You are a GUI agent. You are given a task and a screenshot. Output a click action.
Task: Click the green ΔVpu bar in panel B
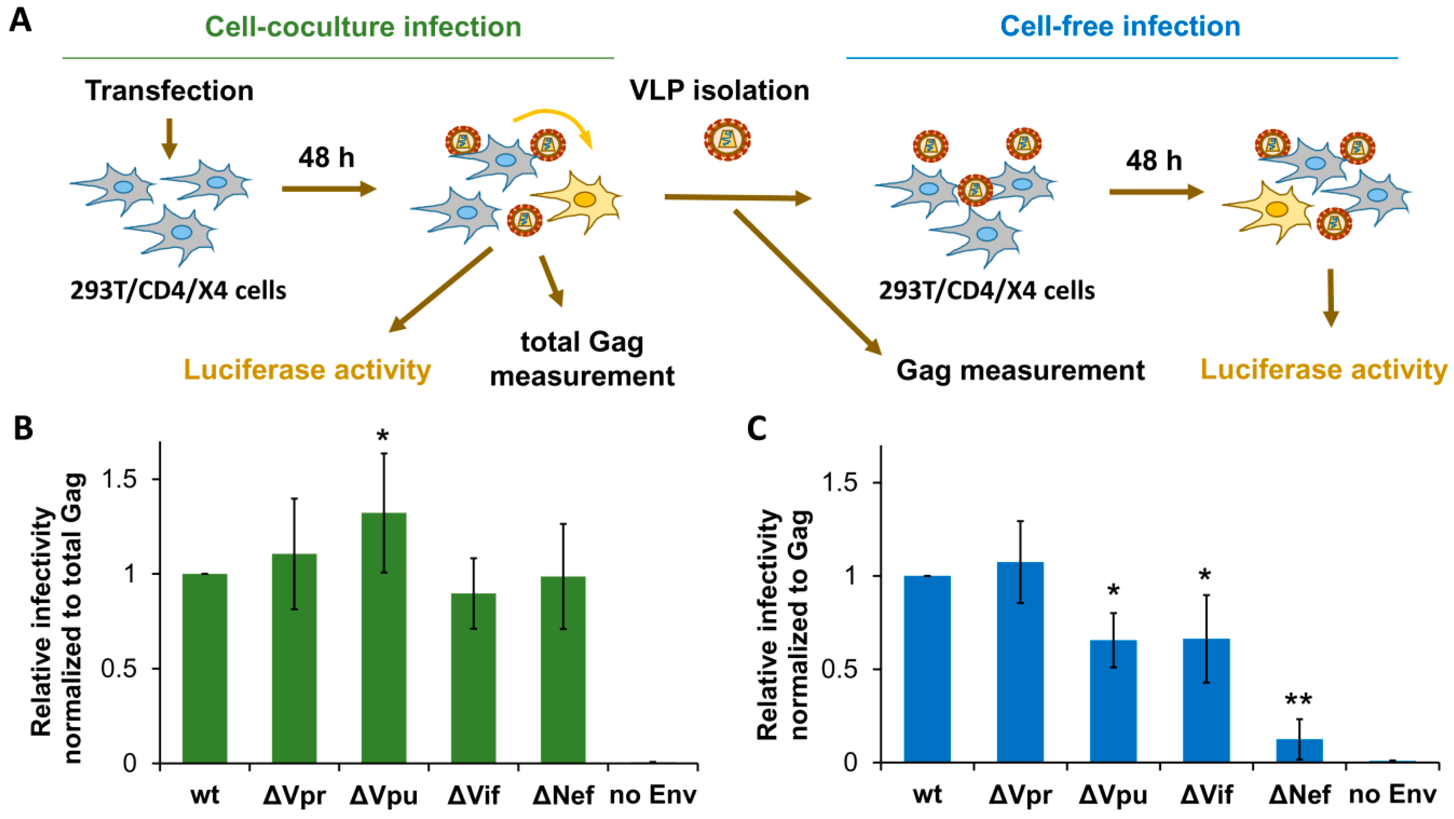pos(383,638)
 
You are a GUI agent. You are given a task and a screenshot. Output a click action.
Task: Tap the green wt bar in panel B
pos(204,668)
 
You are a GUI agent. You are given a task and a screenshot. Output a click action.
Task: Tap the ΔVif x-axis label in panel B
pos(473,795)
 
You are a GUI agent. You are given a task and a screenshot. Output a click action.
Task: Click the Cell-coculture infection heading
pos(363,26)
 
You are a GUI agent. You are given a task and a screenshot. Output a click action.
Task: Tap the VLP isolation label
pos(719,90)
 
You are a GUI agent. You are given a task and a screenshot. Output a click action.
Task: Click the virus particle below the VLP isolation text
pos(727,139)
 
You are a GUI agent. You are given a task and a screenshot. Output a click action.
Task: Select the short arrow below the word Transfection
pos(169,139)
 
